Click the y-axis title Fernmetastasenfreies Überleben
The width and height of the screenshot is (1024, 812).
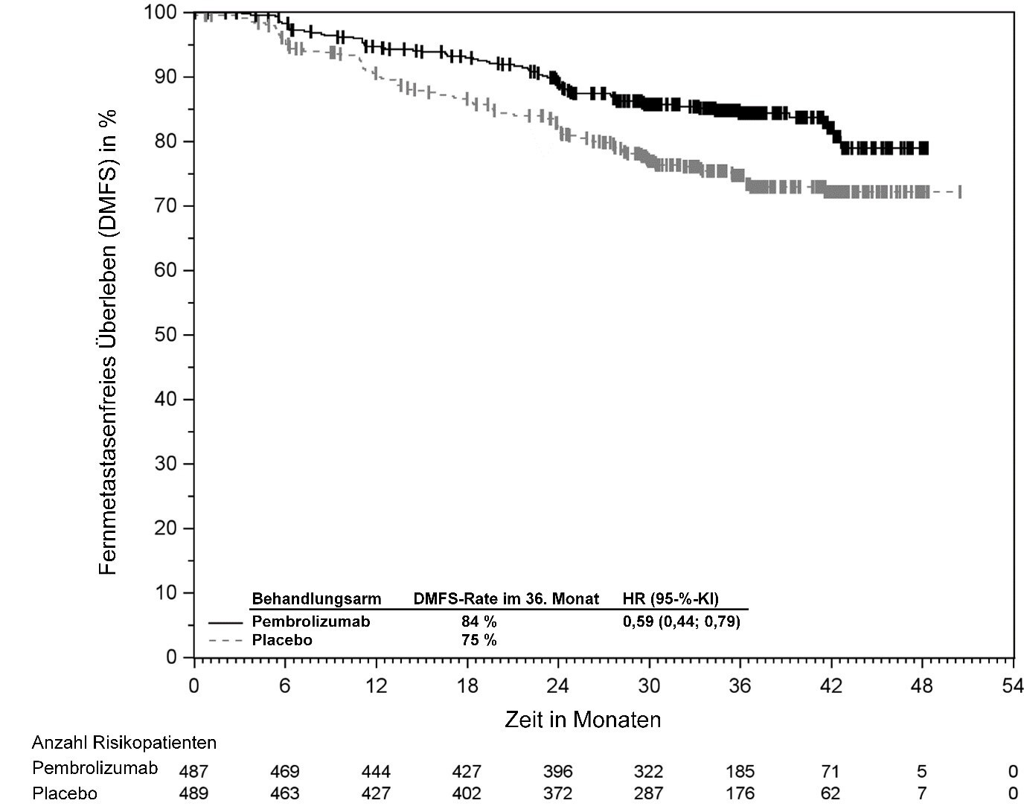tap(108, 342)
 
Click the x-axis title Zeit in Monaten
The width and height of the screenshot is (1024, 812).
tap(583, 720)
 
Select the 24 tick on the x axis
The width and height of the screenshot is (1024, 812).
tap(557, 658)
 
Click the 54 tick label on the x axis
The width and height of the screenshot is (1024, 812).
tap(1012, 685)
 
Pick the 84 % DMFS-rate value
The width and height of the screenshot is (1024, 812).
tap(479, 621)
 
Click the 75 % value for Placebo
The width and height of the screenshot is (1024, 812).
tap(479, 640)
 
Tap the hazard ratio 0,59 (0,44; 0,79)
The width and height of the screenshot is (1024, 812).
tap(681, 621)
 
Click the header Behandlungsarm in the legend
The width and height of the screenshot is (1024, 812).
tap(316, 598)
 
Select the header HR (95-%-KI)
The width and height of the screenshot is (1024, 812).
tap(671, 598)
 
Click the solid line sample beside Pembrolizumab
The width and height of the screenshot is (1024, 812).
tap(225, 621)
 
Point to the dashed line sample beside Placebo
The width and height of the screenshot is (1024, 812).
tap(225, 640)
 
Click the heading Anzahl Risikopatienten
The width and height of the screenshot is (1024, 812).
tap(124, 743)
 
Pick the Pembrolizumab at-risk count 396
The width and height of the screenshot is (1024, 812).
tap(557, 771)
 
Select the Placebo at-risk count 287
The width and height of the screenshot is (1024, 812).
tap(648, 793)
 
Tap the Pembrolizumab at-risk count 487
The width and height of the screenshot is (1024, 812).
tap(193, 771)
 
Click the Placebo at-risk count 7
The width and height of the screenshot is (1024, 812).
tap(921, 793)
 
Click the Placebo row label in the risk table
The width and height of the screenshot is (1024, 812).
tap(65, 793)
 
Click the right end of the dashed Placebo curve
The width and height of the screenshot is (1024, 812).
tap(960, 192)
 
